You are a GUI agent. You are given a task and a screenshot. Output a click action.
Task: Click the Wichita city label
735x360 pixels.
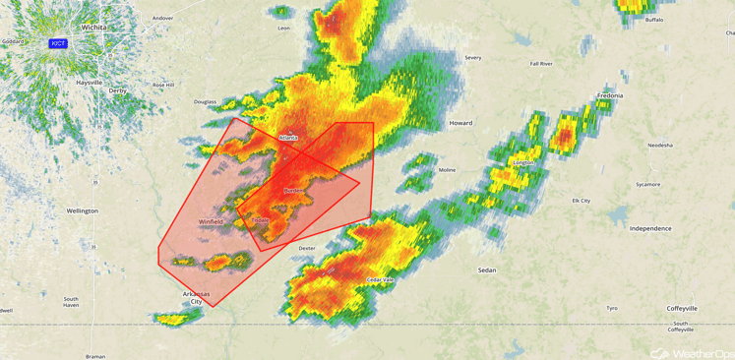[x=94, y=28]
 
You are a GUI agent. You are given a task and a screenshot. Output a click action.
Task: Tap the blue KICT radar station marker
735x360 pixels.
[x=58, y=43]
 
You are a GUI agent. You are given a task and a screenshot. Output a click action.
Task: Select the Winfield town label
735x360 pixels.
[x=211, y=222]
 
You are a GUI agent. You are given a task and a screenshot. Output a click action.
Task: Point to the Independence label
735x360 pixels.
[x=649, y=228]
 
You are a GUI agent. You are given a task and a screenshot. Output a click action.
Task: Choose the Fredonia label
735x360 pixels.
[x=610, y=95]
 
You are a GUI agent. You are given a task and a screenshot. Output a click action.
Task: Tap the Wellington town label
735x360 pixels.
[x=83, y=210]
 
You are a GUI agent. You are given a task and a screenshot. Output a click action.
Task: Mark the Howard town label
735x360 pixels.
[x=460, y=123]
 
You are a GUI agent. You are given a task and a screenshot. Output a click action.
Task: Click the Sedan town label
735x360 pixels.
[x=486, y=270]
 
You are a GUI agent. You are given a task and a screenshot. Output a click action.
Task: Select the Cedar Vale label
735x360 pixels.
[x=380, y=280]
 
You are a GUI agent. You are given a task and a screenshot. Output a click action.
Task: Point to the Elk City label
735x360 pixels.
[x=582, y=201]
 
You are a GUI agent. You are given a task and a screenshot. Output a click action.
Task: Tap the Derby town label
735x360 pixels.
[x=118, y=90]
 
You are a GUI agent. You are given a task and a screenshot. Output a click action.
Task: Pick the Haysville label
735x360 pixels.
[x=89, y=83]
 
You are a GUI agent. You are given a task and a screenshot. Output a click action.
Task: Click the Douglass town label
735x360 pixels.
[x=205, y=101]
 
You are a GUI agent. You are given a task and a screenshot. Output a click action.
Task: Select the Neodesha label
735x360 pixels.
[x=660, y=145]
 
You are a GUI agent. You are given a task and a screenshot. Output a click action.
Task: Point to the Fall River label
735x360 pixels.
[x=541, y=64]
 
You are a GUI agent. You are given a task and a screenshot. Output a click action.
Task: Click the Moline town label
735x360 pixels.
[x=447, y=170]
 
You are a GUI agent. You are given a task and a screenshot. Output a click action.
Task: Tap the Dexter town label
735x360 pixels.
[x=307, y=249]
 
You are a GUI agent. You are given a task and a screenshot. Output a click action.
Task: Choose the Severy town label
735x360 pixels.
[x=473, y=58]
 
